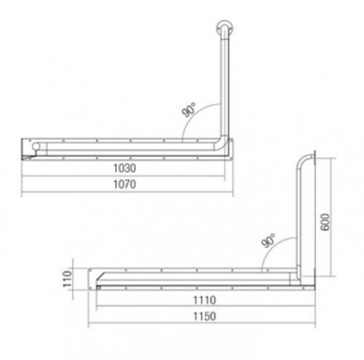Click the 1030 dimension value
click(x=125, y=168)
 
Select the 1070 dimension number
click(x=125, y=185)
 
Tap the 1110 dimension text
click(x=204, y=301)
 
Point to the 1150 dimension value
click(x=204, y=316)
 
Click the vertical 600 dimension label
click(x=325, y=222)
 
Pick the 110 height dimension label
click(x=67, y=279)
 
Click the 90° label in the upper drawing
click(x=189, y=110)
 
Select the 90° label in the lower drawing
click(x=268, y=240)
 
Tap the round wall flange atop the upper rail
click(x=225, y=28)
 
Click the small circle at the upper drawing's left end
click(x=36, y=146)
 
